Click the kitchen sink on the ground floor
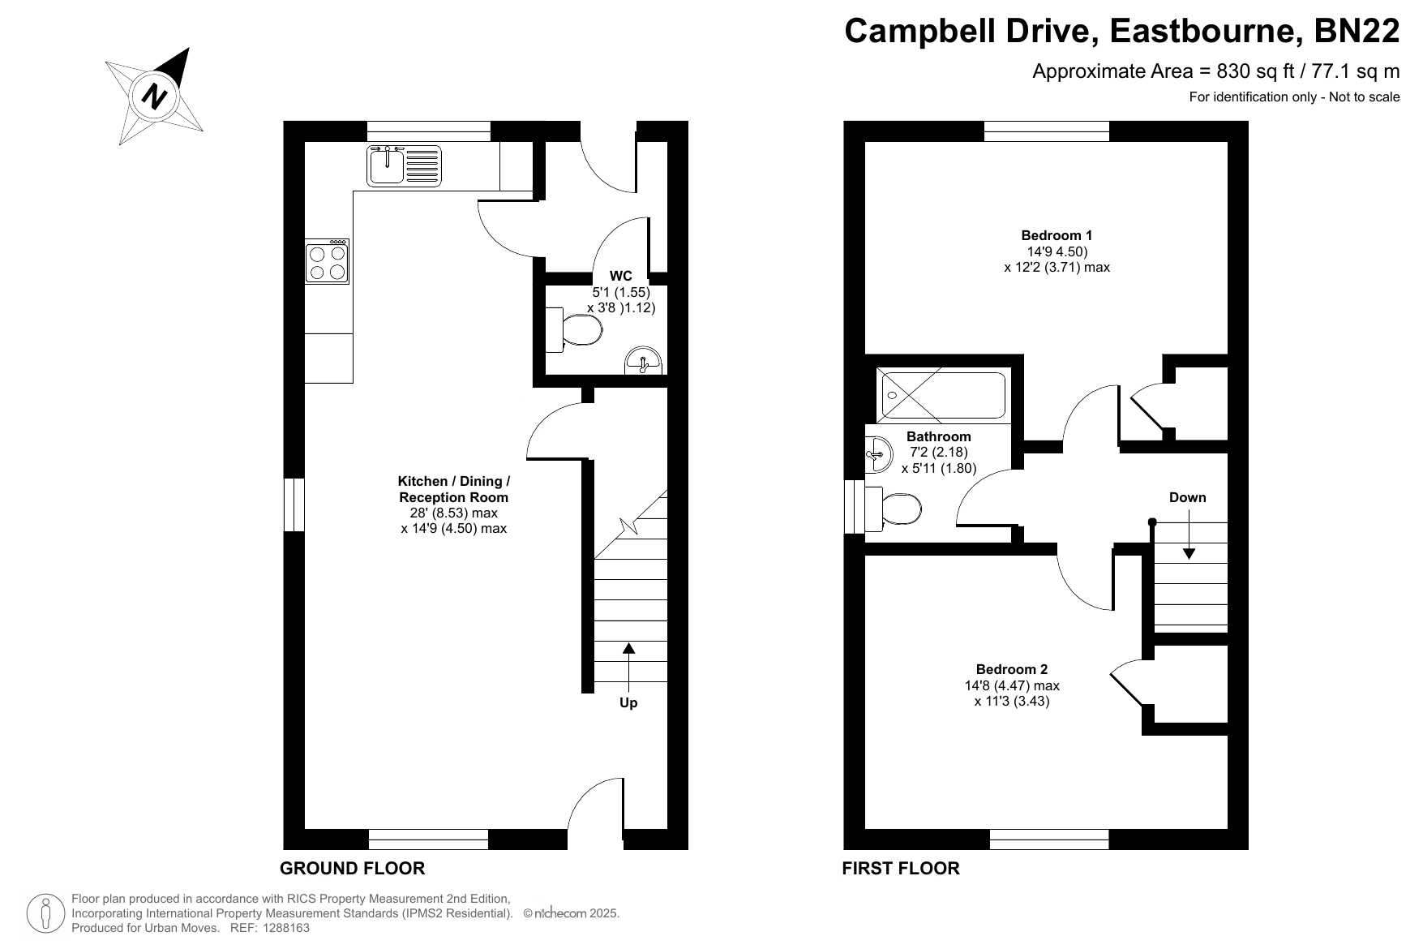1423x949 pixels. click(404, 165)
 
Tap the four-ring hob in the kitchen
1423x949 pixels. click(328, 261)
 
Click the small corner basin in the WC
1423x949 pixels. click(645, 361)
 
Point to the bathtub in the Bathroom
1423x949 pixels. click(943, 396)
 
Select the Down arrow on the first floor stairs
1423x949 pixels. click(1189, 535)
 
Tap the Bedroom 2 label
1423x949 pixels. click(1012, 670)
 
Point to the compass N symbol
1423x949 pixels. click(154, 97)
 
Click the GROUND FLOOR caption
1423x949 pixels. click(352, 869)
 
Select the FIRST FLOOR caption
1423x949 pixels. click(901, 869)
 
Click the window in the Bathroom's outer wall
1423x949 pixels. click(855, 507)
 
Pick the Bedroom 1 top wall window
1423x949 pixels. click(1047, 131)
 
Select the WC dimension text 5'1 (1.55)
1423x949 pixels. click(621, 292)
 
